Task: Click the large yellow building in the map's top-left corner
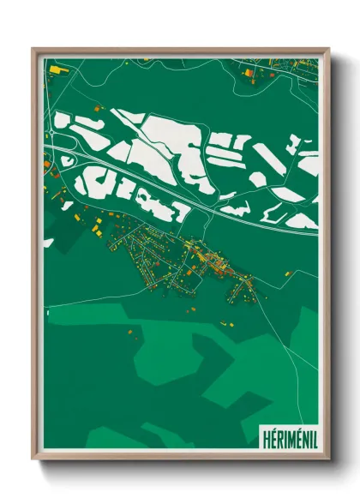54,68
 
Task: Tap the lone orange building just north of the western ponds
98,107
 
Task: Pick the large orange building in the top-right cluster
249,74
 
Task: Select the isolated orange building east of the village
288,273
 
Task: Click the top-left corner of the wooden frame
33,50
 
